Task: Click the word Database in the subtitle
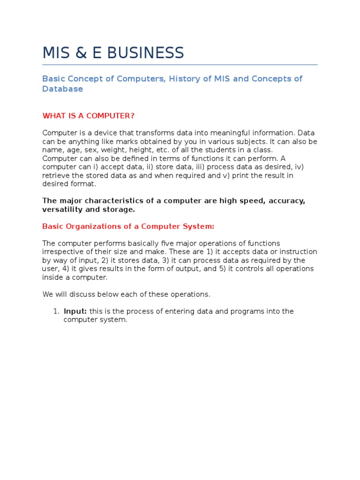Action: [62, 89]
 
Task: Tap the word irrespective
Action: [62, 252]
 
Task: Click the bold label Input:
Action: [75, 312]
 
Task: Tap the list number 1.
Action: [55, 312]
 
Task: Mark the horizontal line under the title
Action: [180, 65]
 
